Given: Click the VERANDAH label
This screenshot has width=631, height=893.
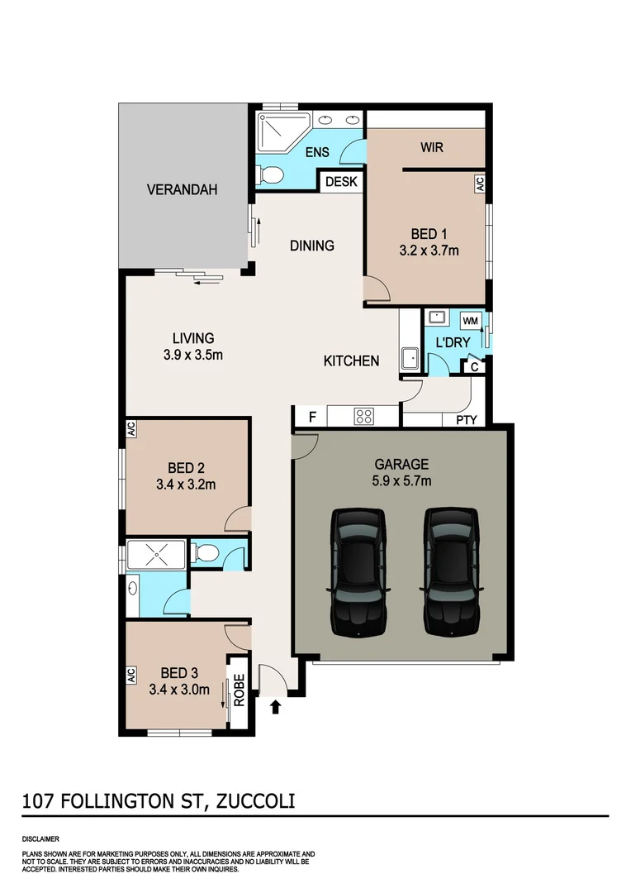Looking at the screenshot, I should (182, 189).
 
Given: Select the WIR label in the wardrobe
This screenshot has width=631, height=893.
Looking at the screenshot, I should (432, 147).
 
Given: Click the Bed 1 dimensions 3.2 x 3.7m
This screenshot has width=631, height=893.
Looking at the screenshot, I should (429, 251).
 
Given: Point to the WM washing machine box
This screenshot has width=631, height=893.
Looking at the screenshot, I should (470, 320).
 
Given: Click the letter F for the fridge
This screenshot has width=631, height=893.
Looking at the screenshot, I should (311, 417).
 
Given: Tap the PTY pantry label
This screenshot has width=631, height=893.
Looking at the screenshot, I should (467, 420).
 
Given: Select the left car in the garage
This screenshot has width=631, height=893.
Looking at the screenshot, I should (358, 571).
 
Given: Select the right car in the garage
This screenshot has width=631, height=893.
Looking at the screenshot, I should (451, 571).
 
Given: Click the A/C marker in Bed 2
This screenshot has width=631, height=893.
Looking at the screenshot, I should (130, 429).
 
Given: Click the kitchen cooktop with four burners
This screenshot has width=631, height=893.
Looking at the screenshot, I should (363, 416).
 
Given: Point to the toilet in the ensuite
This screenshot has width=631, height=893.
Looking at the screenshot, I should (270, 174).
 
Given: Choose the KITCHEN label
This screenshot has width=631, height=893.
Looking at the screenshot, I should (351, 361).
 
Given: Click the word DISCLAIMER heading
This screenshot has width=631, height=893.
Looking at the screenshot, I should (40, 838).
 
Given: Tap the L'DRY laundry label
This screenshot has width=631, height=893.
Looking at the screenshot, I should (453, 341).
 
